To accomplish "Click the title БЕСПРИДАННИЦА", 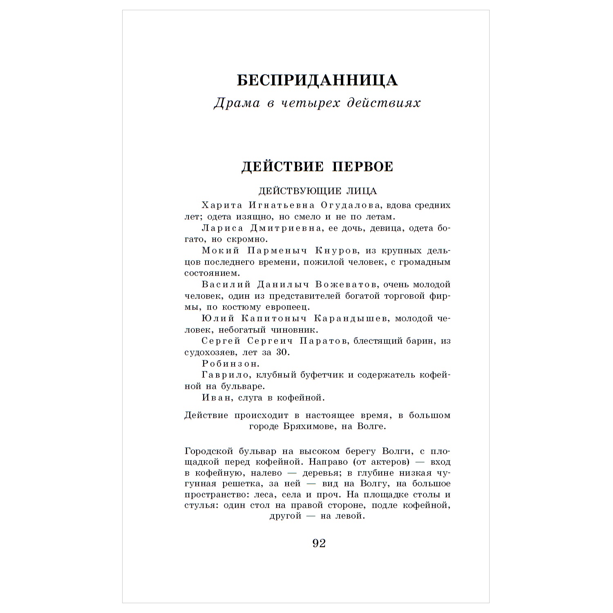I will point(317,81).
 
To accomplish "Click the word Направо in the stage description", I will point(329,462).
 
